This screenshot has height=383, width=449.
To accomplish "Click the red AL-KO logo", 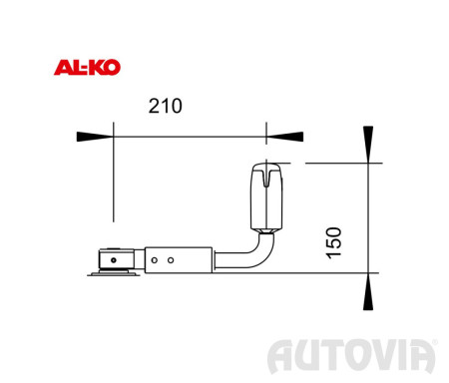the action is (87, 68).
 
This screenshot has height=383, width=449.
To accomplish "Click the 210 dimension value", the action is (166, 106).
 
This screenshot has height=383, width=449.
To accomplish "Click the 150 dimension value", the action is (333, 242).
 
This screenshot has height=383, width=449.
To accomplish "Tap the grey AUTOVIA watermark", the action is (352, 356).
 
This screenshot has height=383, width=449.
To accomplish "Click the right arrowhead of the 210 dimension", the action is (285, 137).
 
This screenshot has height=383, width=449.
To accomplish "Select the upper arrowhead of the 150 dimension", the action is (368, 145).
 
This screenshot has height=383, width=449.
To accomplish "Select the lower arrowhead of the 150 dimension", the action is (368, 291).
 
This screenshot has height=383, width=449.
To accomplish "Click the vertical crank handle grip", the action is (266, 196).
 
